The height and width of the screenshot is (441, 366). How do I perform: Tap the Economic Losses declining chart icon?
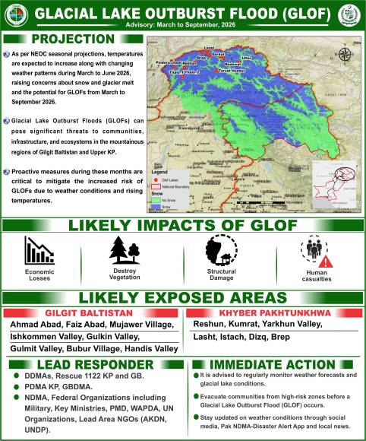click(x=39, y=250)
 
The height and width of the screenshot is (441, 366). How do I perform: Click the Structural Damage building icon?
click(x=221, y=250)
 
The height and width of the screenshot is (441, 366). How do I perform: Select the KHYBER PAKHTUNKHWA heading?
click(x=274, y=313)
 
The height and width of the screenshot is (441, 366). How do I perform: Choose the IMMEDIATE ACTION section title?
click(x=276, y=364)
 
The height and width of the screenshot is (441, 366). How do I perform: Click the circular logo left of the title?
click(x=16, y=14)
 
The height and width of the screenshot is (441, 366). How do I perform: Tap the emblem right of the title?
click(x=351, y=14)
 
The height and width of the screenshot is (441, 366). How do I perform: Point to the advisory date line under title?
click(x=182, y=24)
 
